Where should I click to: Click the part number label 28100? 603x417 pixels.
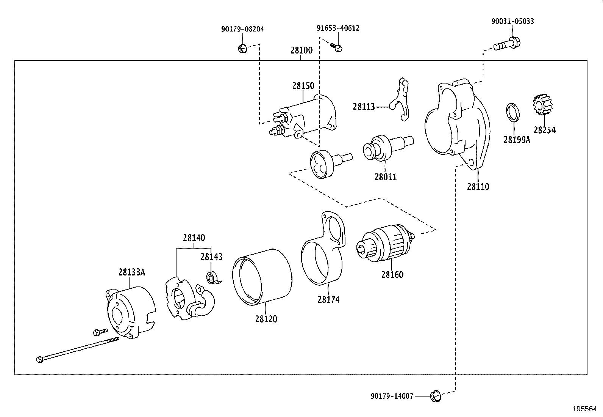pos(301,50)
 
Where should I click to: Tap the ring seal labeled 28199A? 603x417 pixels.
pos(513,112)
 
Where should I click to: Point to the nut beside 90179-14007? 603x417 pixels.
pos(435,397)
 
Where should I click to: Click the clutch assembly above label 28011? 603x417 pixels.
pos(383,148)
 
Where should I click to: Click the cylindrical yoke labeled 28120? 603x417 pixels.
pos(261,277)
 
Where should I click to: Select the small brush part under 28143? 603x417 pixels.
pos(212,278)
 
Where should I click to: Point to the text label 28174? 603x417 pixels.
pos(328,300)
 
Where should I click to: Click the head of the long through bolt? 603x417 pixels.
pos(40,359)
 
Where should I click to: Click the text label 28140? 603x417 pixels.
pos(194,238)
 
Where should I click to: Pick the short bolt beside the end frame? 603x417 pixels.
pos(97,332)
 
